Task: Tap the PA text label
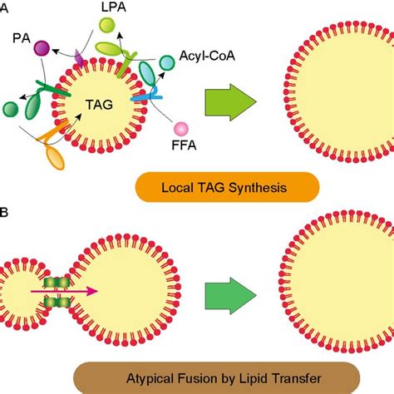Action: [22, 38]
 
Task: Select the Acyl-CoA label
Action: [205, 58]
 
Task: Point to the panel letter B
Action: [4, 214]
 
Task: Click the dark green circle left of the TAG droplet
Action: [10, 108]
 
